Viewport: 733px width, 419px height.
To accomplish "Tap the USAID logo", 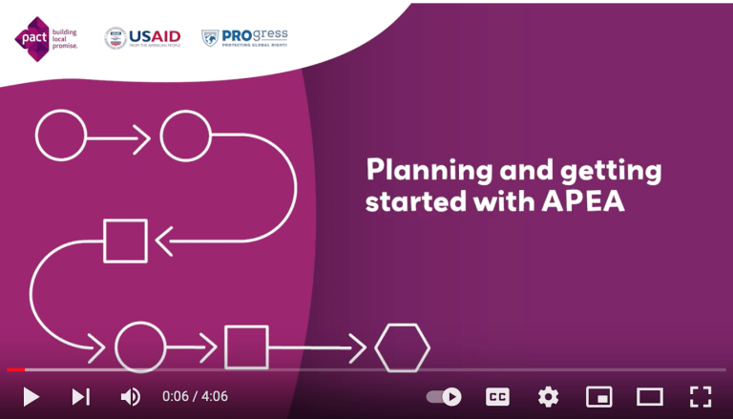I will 142,38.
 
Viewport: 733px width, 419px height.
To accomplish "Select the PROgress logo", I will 244,37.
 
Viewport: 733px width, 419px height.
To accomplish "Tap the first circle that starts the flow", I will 60,135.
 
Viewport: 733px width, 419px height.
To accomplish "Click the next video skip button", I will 81,396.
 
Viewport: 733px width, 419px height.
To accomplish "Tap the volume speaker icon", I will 131,396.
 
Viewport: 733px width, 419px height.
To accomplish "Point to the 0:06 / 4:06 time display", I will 195,396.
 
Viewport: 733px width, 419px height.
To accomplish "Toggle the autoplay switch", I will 444,396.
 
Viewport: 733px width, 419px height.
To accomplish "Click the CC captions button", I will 497,396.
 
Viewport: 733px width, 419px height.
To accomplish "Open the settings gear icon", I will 548,396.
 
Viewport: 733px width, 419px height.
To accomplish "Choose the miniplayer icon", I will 598,396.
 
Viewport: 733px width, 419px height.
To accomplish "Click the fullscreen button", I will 701,396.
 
